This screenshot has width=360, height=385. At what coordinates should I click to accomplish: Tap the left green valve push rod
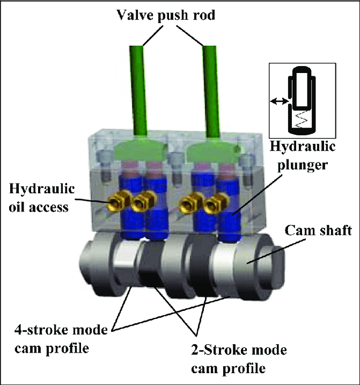[x=139, y=91]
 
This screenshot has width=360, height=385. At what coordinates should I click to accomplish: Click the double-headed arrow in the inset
[x=278, y=100]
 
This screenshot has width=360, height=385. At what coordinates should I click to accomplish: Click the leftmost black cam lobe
[x=149, y=268]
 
